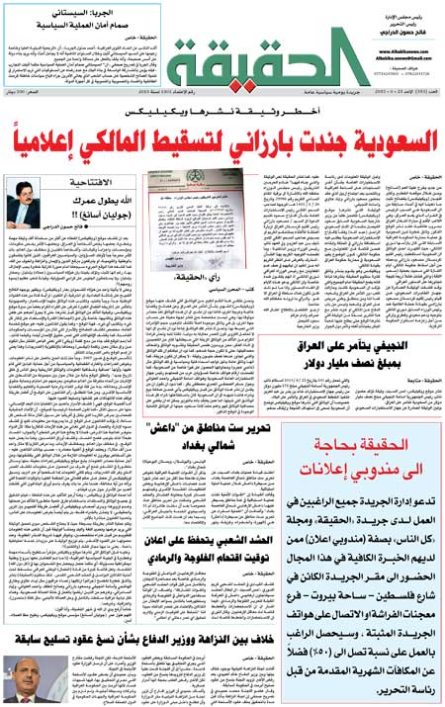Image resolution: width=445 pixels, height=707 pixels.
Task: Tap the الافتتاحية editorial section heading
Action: (95, 211)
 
